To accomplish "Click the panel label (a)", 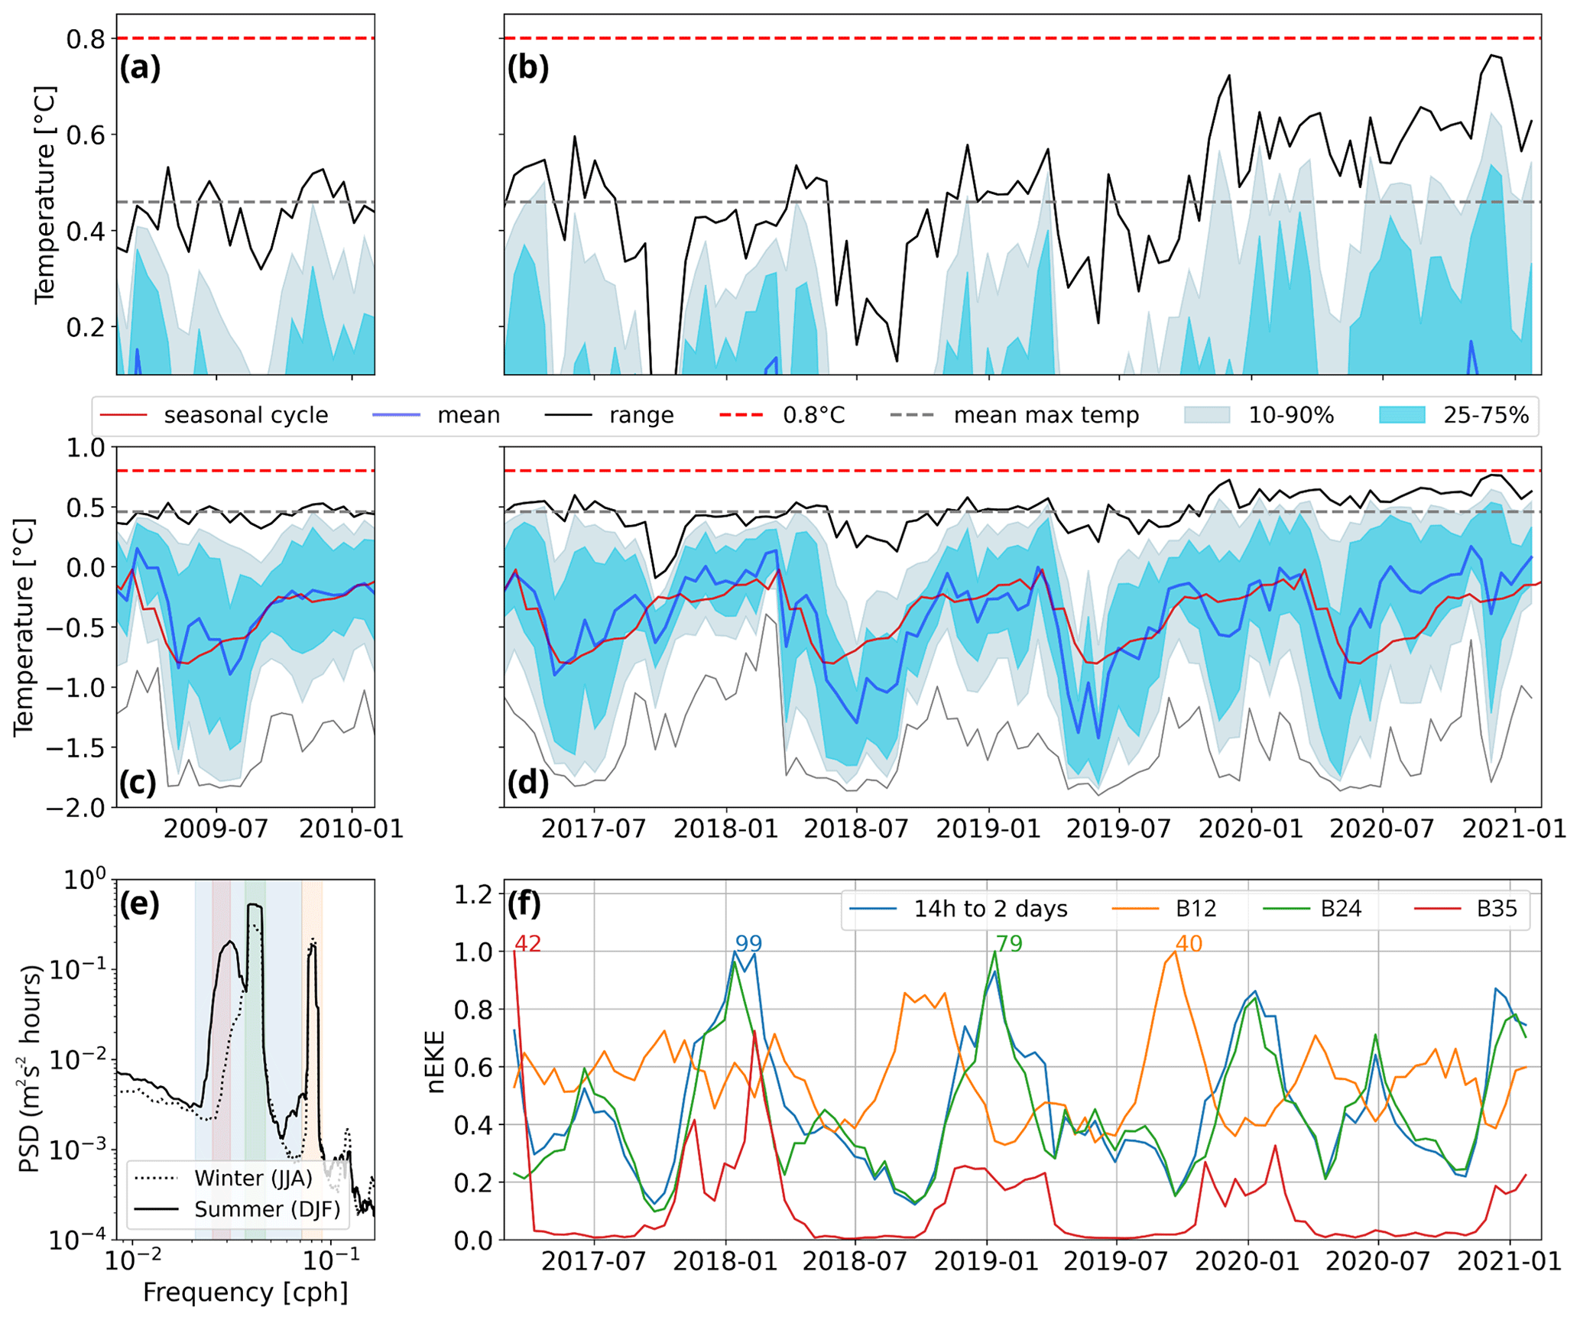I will click(x=140, y=69).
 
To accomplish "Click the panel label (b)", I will click(x=528, y=69).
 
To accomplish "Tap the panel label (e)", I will click(x=140, y=904).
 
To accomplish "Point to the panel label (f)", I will click(x=524, y=904).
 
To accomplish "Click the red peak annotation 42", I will click(x=528, y=944).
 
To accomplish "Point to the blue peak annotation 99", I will click(x=748, y=944).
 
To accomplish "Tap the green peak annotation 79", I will click(x=1009, y=944).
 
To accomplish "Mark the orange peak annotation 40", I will click(x=1189, y=944).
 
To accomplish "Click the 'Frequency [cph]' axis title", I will click(x=245, y=1292).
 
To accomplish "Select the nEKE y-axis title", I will click(x=436, y=1067).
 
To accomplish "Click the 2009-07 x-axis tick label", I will click(x=217, y=829).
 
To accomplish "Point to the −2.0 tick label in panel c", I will click(x=77, y=808).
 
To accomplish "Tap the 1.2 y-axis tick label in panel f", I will click(x=474, y=894).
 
